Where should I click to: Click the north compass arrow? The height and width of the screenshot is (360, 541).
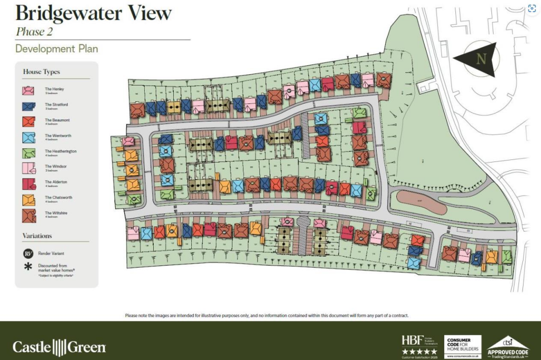click(x=478, y=59)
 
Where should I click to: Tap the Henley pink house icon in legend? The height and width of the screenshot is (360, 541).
click(x=29, y=90)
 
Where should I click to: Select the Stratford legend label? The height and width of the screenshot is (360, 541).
click(x=56, y=105)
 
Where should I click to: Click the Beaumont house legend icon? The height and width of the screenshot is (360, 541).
click(x=29, y=121)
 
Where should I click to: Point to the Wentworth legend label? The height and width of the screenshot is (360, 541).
click(x=58, y=136)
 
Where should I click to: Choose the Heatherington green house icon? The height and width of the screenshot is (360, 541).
click(x=29, y=153)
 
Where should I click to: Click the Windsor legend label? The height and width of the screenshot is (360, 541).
click(x=55, y=166)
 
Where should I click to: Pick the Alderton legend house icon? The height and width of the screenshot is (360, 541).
click(x=29, y=184)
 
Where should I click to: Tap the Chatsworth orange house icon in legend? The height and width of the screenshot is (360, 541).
click(x=29, y=199)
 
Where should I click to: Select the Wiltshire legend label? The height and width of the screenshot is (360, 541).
click(x=55, y=213)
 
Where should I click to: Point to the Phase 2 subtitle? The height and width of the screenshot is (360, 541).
click(x=34, y=31)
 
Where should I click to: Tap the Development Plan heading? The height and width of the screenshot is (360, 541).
click(x=57, y=49)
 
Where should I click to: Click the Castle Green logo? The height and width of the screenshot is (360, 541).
click(x=59, y=347)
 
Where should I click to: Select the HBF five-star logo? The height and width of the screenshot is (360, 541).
click(x=419, y=346)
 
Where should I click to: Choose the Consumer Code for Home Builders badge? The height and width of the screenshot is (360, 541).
click(x=462, y=346)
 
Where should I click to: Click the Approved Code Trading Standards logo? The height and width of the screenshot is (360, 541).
click(x=507, y=347)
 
